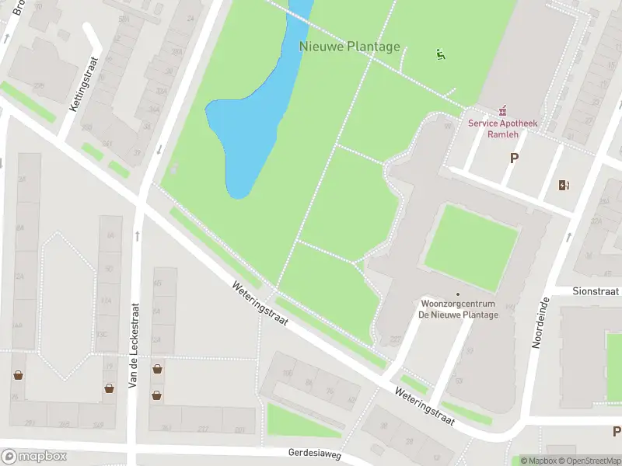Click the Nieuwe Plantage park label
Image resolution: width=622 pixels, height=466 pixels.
[350, 47]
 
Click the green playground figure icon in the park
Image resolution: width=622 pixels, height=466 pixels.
[441, 54]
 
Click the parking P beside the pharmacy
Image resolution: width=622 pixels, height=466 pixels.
[513, 158]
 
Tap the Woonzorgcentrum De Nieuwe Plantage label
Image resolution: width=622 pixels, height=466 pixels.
[458, 308]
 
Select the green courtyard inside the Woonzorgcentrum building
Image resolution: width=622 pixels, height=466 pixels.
[470, 247]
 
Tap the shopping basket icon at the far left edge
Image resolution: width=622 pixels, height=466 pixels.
[17, 376]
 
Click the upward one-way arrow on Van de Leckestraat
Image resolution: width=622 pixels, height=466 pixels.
[137, 235]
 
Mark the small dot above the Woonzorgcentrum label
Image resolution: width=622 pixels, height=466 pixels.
[458, 294]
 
